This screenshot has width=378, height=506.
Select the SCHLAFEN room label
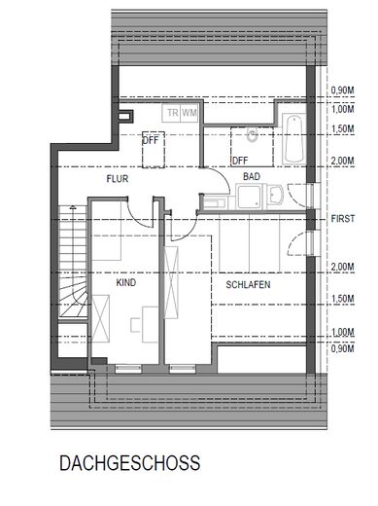(248, 287)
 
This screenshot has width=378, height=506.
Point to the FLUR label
(119, 180)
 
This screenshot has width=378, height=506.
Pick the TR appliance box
(172, 113)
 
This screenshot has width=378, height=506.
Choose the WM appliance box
(190, 113)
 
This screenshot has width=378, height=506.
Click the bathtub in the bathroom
(293, 137)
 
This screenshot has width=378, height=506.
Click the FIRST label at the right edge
(342, 219)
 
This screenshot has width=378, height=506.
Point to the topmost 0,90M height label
(343, 90)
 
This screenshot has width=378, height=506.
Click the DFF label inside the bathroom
(240, 160)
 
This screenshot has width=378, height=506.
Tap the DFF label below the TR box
(151, 139)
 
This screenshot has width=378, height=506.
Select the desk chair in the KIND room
(144, 315)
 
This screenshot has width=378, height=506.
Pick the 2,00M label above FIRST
(343, 161)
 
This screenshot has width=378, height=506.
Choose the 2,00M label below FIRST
(343, 266)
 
